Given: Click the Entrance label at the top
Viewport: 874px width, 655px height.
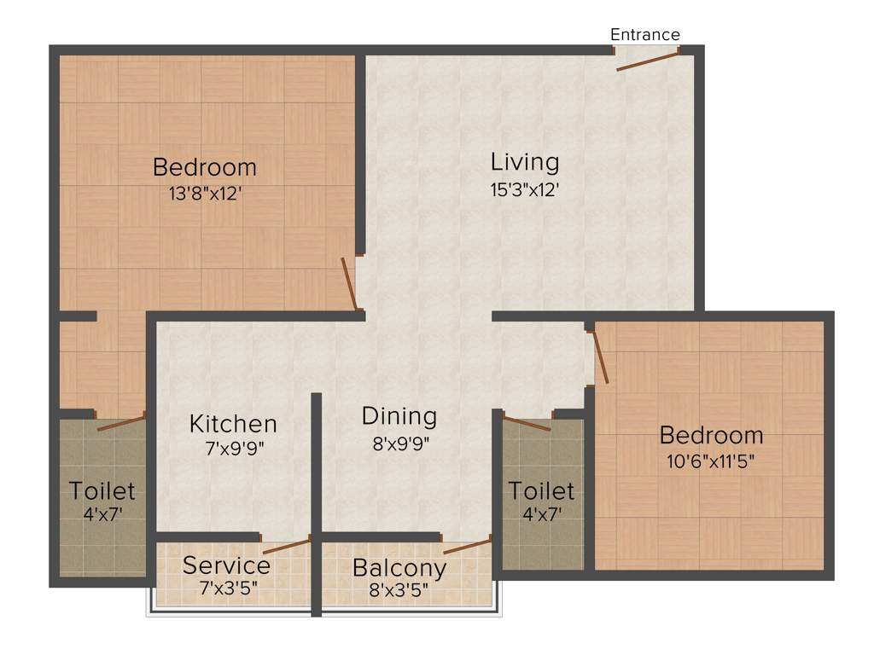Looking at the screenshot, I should point(645,35).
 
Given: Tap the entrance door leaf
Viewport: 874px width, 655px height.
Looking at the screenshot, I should point(647,61).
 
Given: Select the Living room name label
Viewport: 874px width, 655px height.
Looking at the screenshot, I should point(525,162).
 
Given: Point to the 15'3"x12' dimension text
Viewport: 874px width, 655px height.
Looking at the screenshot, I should point(525,189).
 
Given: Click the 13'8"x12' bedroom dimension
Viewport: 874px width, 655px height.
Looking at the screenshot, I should point(205,194).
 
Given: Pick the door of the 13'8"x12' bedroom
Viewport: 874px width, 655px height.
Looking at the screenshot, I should point(349,283).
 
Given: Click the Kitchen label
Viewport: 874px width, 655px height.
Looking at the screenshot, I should point(233,424).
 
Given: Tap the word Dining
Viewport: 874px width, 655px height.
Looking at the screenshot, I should point(399,416).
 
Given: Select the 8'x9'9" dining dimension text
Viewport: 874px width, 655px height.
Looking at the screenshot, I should point(399,443).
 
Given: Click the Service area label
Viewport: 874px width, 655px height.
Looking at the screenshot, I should point(227,565).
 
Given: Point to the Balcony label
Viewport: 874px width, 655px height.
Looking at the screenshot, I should point(399,567).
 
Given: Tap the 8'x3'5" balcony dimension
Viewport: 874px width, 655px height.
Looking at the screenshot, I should point(399,590).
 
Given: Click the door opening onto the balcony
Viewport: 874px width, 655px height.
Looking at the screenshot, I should point(467,546).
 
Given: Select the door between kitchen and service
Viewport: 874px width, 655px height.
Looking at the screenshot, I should point(287,547).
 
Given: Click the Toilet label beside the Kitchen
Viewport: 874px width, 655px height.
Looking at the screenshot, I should point(102,491).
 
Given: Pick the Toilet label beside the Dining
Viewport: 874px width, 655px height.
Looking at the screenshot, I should point(542,491).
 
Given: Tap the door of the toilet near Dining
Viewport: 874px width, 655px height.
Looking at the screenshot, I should point(527,422).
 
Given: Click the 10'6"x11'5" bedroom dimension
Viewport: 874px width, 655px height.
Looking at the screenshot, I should point(711,462).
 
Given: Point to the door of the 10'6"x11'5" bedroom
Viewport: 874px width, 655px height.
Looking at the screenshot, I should point(601,356).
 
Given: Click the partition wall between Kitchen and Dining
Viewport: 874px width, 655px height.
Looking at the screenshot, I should point(316,478).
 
